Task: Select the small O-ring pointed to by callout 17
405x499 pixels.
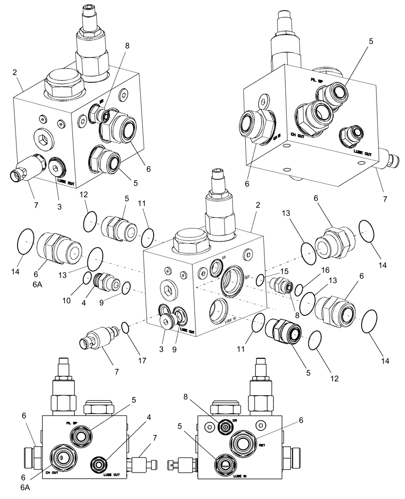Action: [126, 328]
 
